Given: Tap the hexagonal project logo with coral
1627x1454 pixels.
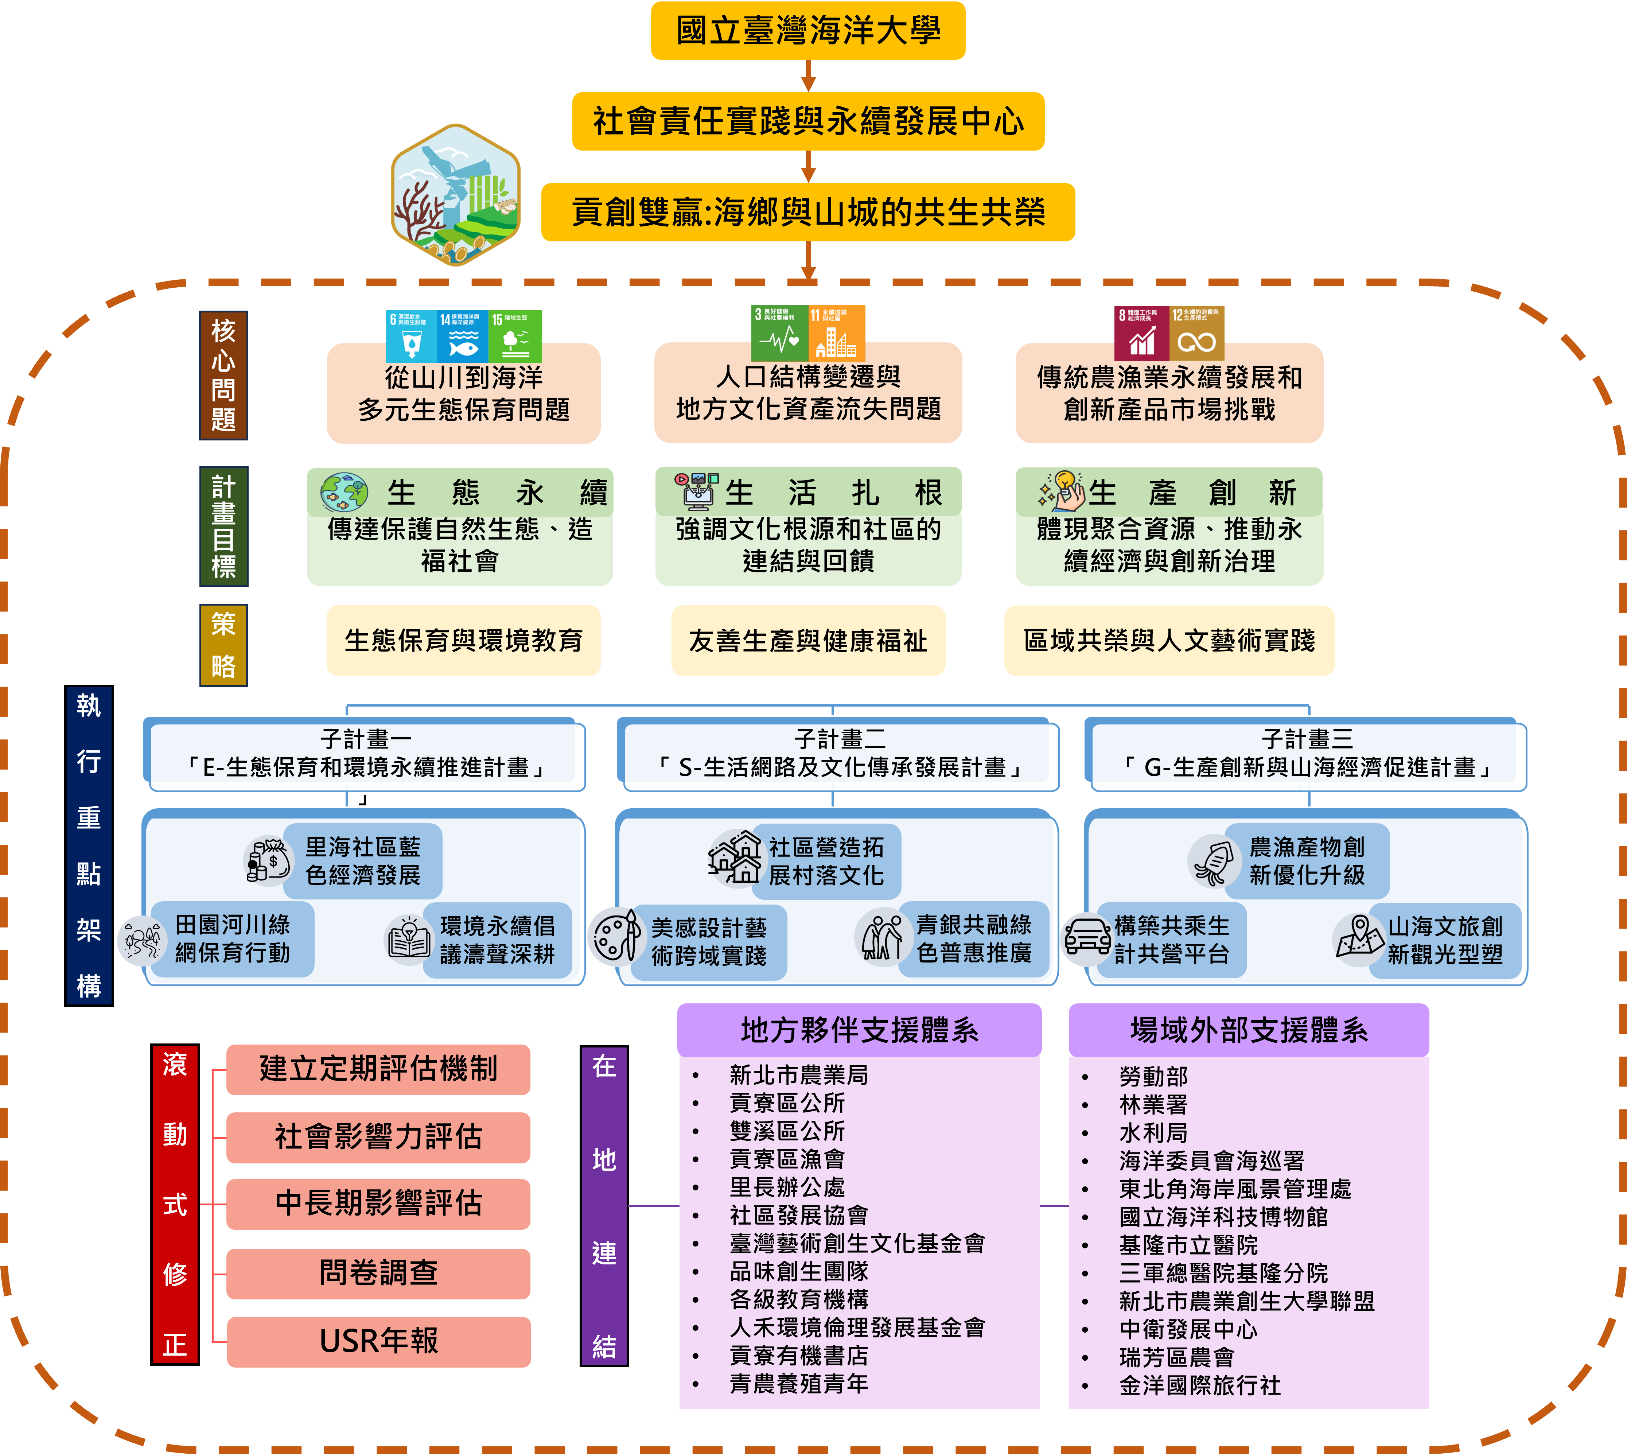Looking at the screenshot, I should pyautogui.click(x=455, y=194).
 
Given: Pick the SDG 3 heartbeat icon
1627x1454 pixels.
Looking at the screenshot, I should pyautogui.click(x=779, y=333).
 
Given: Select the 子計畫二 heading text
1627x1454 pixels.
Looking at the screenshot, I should pyautogui.click(x=839, y=739).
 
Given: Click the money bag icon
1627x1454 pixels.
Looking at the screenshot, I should pyautogui.click(x=268, y=860).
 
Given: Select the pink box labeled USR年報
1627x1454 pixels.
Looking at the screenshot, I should pyautogui.click(x=379, y=1341).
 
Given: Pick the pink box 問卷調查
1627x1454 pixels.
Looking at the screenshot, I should pyautogui.click(x=379, y=1273).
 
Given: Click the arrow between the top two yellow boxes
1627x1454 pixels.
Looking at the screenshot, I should pyautogui.click(x=808, y=76).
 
